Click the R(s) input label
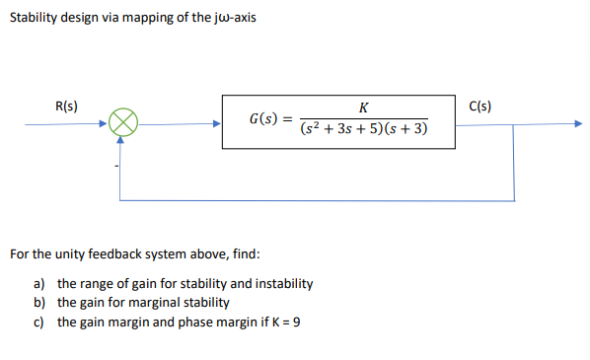pos(67,106)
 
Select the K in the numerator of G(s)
pos(364,108)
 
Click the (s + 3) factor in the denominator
pos(405,132)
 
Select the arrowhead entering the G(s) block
pos(216,124)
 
